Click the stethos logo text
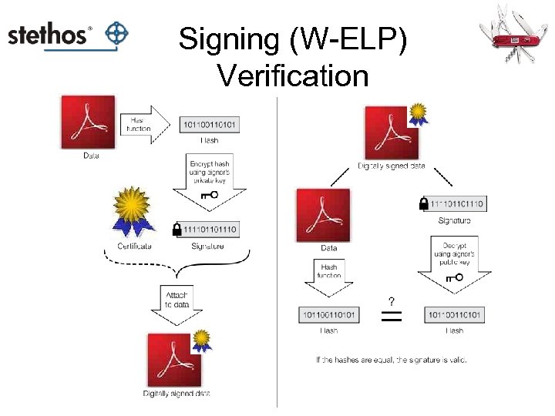pyautogui.click(x=49, y=35)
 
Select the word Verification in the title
pyautogui.click(x=292, y=75)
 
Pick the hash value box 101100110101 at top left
pyautogui.click(x=209, y=124)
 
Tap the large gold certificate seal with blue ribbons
pyautogui.click(x=136, y=210)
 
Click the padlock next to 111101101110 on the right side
pyautogui.click(x=423, y=204)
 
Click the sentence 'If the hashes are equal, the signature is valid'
pyautogui.click(x=391, y=359)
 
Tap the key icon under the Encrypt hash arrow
pyautogui.click(x=209, y=196)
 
